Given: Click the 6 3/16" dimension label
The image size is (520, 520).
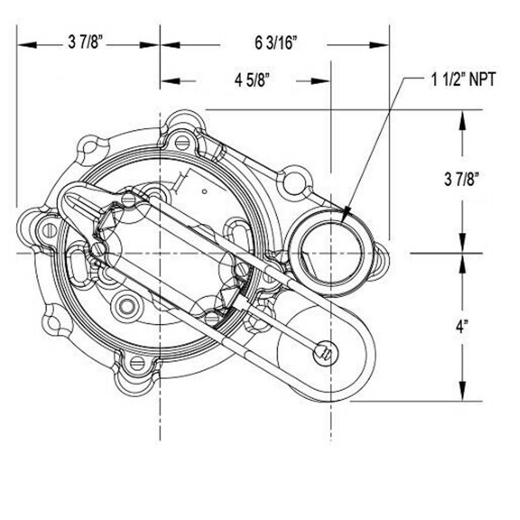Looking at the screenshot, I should (x=276, y=43).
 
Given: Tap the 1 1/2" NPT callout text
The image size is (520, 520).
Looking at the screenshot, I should (x=463, y=80).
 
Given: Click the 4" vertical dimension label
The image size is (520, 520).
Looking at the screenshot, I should (x=460, y=327).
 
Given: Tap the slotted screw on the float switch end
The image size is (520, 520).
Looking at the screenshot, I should (x=324, y=353).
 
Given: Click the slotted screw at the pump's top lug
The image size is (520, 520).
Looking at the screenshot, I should (x=182, y=142).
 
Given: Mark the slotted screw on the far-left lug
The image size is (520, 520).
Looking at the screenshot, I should (x=48, y=230).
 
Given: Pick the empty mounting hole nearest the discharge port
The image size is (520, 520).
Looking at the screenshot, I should (x=293, y=179).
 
